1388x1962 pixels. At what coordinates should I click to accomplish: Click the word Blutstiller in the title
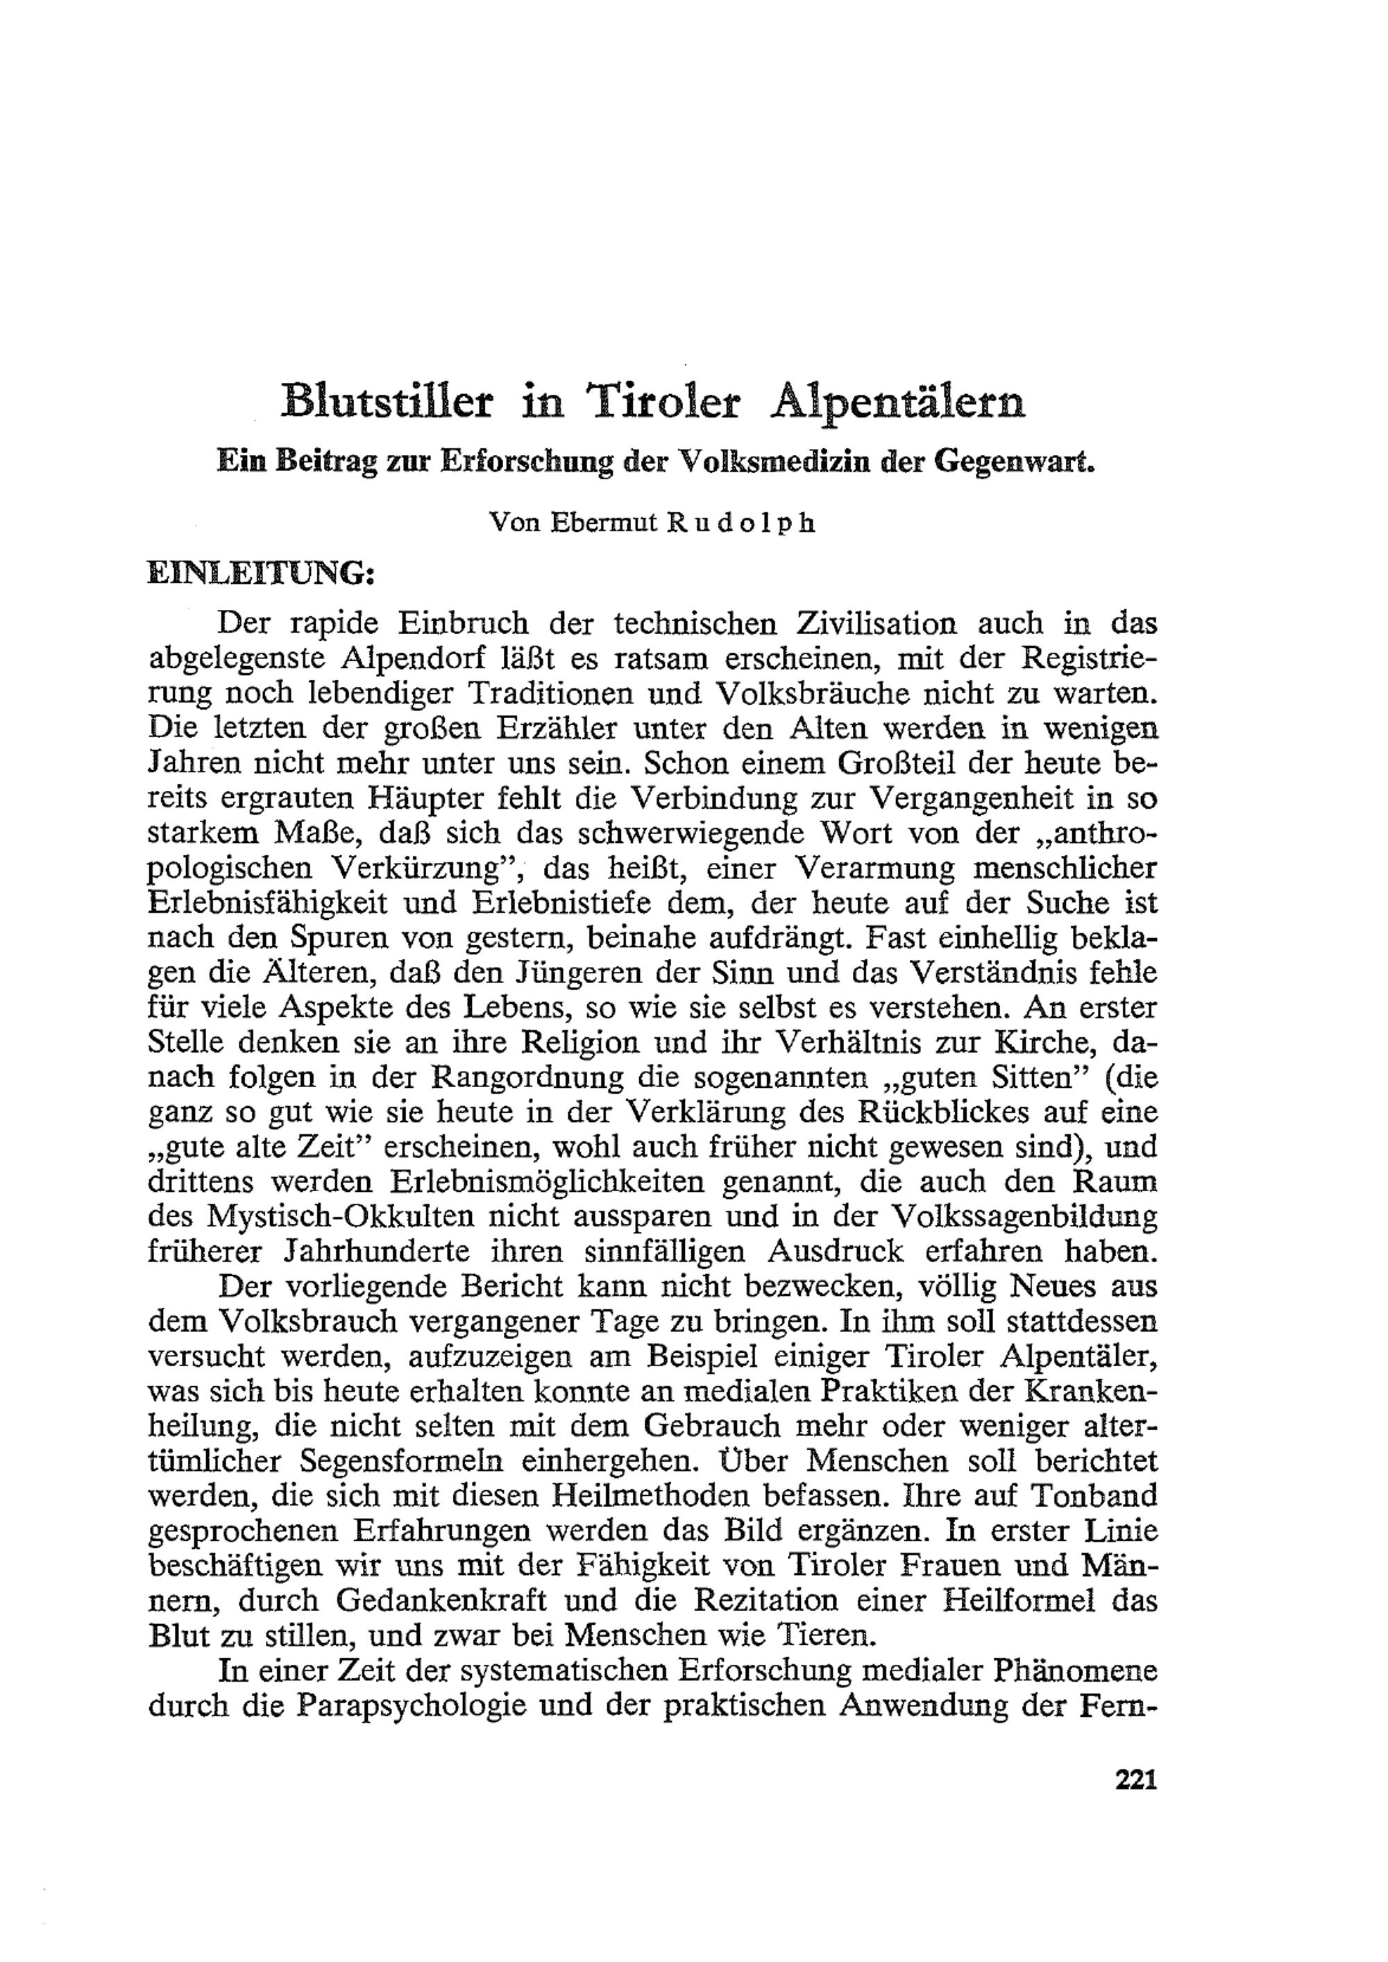[x=387, y=402]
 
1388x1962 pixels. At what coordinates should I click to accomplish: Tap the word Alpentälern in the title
[x=898, y=402]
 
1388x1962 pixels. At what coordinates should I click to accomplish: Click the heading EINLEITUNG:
[x=262, y=572]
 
